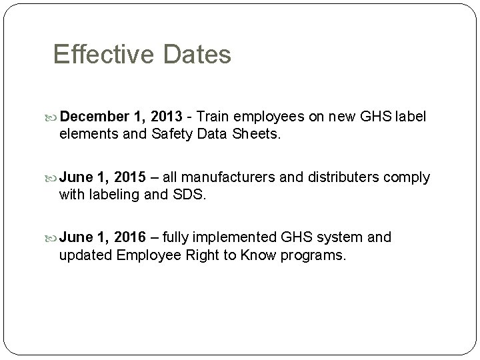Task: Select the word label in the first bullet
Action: pos(411,117)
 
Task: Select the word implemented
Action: pos(237,237)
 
